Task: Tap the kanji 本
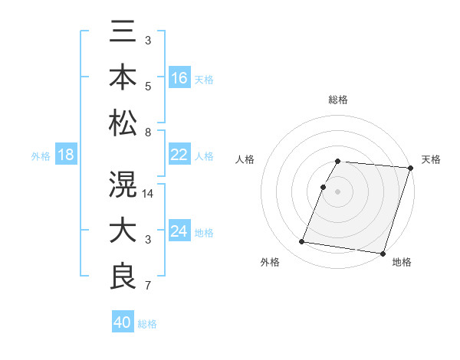123,79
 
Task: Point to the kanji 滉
123,186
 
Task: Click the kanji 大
123,231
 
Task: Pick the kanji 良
123,277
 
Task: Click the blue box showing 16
179,78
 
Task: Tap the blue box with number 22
179,155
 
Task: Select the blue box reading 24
179,231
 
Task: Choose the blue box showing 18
65,155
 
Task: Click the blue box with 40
123,322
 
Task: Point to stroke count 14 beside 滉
149,194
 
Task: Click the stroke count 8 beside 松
148,133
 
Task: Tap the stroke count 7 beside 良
148,286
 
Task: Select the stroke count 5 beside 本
148,87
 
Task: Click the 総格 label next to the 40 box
148,324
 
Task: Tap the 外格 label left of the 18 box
41,156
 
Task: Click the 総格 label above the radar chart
338,100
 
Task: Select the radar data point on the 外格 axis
302,242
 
